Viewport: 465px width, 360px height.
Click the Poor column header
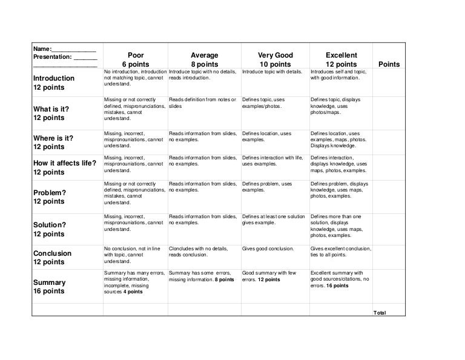(134, 59)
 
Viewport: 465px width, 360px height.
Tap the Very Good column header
(275, 59)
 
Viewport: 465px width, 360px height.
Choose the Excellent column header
(341, 59)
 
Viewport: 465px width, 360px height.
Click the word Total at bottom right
(380, 313)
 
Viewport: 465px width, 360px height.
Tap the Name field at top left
(64, 48)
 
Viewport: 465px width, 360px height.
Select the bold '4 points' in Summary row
(133, 292)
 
